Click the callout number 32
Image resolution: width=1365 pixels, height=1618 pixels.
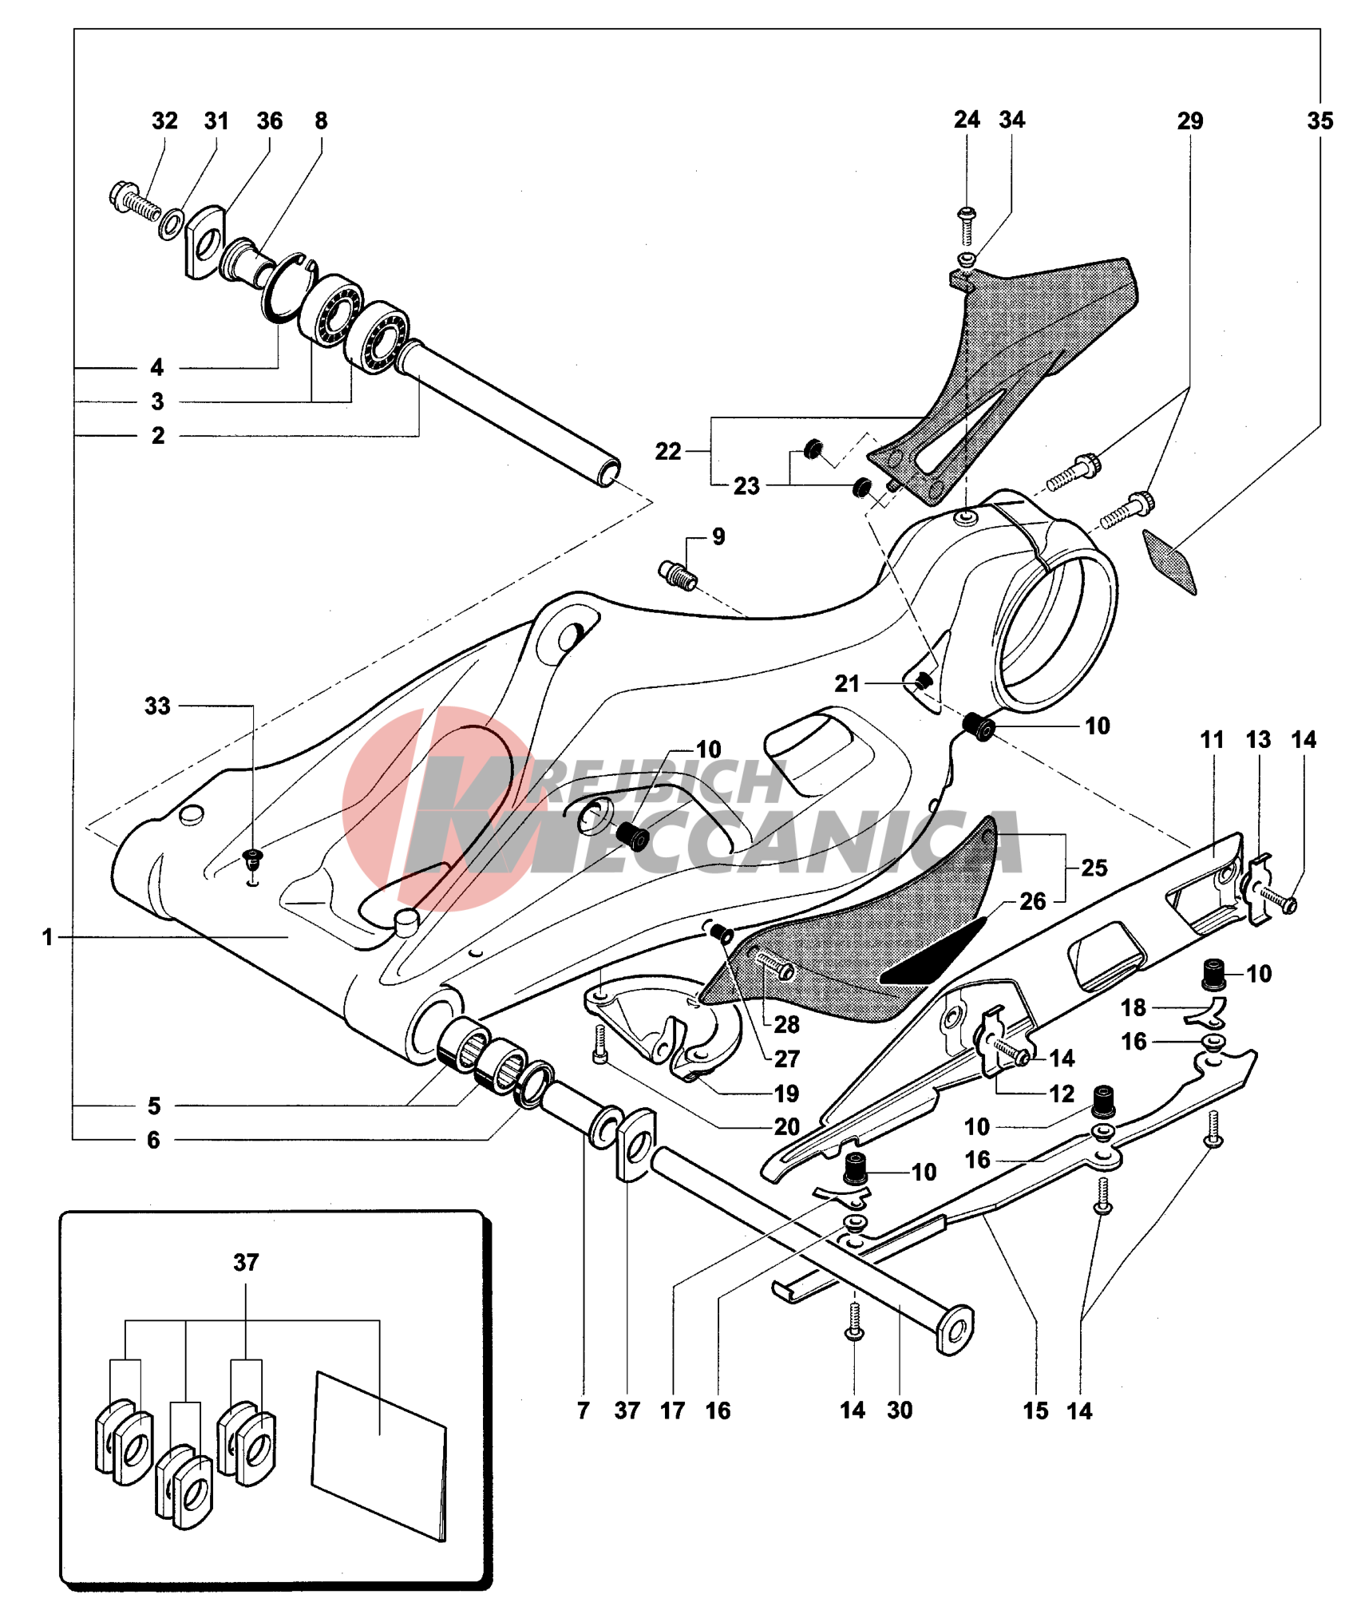(x=164, y=121)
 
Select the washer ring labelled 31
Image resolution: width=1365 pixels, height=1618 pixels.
(x=171, y=224)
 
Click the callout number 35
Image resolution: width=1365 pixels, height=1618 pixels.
(x=1319, y=121)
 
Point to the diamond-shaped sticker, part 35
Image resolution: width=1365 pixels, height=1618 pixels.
(x=1169, y=560)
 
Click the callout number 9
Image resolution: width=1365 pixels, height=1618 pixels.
(x=718, y=536)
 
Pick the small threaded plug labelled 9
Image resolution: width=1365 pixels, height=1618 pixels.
(x=678, y=575)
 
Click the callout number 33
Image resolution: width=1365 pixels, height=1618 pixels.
(x=157, y=706)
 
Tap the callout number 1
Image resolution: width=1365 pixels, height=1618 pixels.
(x=48, y=937)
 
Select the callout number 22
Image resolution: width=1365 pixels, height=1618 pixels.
(x=668, y=452)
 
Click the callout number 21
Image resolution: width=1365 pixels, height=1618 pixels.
(x=847, y=683)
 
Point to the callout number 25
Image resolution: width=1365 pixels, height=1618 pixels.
(x=1094, y=868)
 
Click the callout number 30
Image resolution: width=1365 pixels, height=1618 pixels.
(x=900, y=1410)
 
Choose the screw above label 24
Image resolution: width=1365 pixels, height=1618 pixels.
(x=967, y=223)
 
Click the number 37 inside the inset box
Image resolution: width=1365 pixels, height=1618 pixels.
(x=246, y=1263)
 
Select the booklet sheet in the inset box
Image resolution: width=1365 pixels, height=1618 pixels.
(x=379, y=1456)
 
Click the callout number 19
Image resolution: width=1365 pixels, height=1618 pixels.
(x=786, y=1094)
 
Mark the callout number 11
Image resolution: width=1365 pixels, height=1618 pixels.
(x=1212, y=740)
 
